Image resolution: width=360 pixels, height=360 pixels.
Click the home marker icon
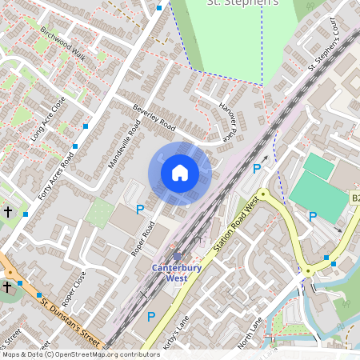click(x=180, y=173)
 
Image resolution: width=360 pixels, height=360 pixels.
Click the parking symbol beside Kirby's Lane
click(x=150, y=317)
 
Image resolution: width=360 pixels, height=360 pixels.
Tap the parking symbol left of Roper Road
click(x=140, y=210)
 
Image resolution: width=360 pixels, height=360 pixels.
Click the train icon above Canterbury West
click(x=177, y=257)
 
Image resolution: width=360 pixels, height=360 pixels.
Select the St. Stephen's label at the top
click(x=242, y=3)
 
